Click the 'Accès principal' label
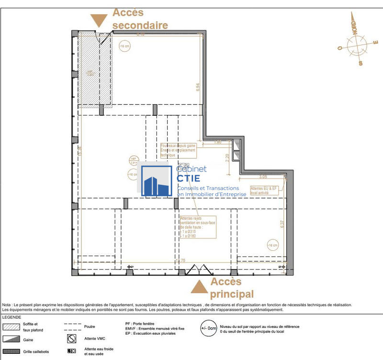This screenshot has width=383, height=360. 232,287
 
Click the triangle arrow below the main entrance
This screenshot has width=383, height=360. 199,287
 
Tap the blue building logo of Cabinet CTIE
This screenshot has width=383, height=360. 157,181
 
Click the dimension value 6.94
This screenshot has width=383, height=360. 197,88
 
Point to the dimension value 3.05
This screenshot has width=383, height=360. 263,176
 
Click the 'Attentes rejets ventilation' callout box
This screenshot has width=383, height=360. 197,226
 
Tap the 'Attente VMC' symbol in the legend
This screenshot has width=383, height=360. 72,339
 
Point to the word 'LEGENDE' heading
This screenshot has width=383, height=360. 12,317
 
